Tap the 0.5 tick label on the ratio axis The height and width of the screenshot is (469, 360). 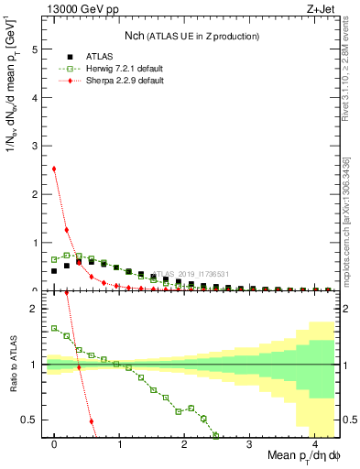click(32, 420)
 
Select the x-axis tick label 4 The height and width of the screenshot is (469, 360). click(315, 443)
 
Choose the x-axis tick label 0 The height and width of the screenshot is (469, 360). click(55, 443)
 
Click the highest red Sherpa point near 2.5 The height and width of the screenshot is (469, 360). click(55, 169)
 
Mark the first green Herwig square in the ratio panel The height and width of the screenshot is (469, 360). click(55, 328)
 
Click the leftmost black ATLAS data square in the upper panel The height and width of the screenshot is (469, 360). click(55, 271)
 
